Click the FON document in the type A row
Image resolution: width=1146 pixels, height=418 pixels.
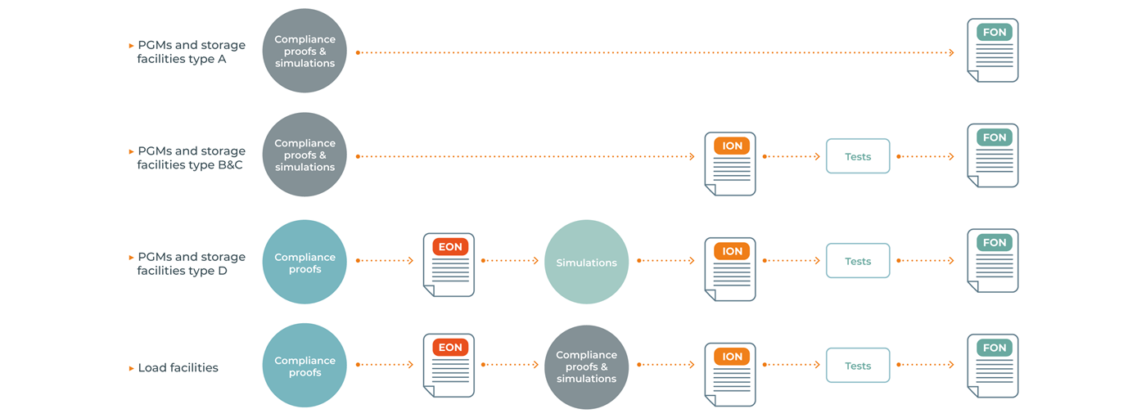993,51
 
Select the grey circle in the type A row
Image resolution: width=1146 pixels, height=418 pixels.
304,51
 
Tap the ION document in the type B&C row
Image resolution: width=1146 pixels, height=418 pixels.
730,164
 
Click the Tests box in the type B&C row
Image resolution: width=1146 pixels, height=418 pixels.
857,156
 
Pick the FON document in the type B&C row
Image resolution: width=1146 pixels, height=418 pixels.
993,155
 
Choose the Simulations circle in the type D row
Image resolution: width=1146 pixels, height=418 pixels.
586,262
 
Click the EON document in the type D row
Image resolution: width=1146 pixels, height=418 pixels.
449,264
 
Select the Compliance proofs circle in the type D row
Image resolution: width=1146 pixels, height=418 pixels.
304,262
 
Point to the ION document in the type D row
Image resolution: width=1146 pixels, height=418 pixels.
730,269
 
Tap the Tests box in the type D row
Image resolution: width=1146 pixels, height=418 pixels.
857,261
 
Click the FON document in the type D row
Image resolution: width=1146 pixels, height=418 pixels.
993,261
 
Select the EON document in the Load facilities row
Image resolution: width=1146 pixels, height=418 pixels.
449,366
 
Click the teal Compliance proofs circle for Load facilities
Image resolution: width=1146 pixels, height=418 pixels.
304,366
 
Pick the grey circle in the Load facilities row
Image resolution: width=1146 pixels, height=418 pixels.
586,366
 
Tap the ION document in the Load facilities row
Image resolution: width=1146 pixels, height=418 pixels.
730,374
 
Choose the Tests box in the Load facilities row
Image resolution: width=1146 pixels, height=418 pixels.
857,366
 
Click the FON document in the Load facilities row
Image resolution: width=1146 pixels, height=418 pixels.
993,366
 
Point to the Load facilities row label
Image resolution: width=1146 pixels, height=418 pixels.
178,368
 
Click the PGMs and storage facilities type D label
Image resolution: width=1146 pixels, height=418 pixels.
191,263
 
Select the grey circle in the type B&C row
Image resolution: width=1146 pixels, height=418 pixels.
304,155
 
